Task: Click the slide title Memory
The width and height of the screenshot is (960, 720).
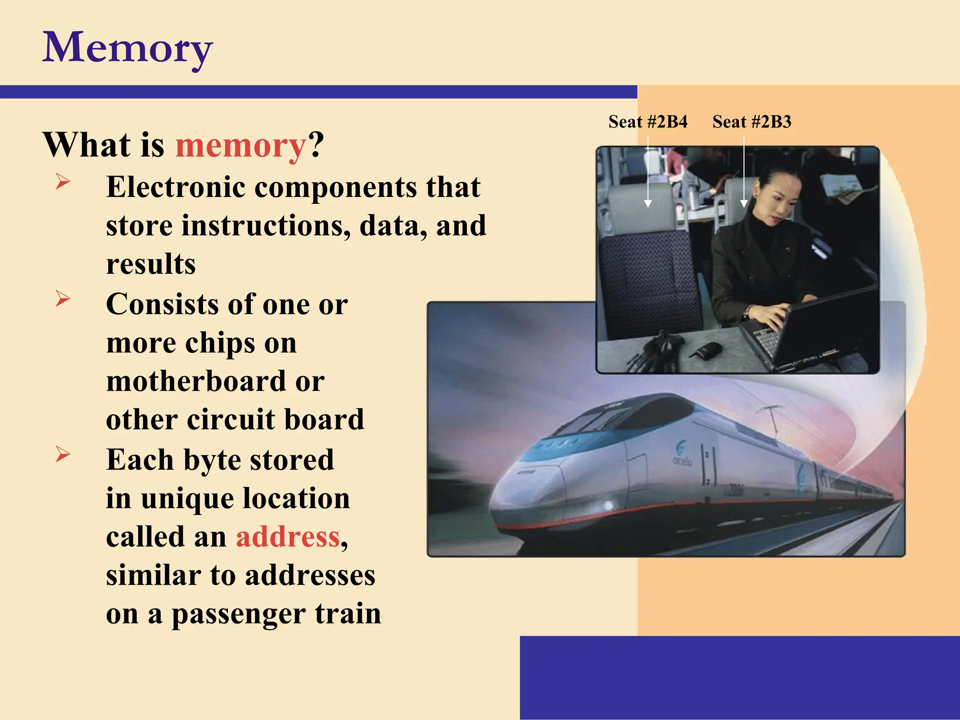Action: (x=127, y=48)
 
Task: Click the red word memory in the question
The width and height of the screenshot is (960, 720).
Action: (x=240, y=145)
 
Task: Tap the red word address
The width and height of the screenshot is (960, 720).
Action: (x=288, y=537)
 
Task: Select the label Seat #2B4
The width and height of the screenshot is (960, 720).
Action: (x=648, y=122)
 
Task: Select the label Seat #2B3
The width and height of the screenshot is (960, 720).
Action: (x=752, y=122)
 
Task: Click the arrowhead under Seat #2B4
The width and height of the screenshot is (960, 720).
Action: (x=648, y=203)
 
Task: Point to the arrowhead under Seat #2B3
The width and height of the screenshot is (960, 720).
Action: (x=744, y=203)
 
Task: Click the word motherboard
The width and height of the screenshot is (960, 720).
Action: (x=196, y=382)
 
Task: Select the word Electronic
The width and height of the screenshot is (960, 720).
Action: (x=176, y=187)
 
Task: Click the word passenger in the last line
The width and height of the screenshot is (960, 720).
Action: (x=238, y=614)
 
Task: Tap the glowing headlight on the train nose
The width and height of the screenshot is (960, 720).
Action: (x=608, y=506)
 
